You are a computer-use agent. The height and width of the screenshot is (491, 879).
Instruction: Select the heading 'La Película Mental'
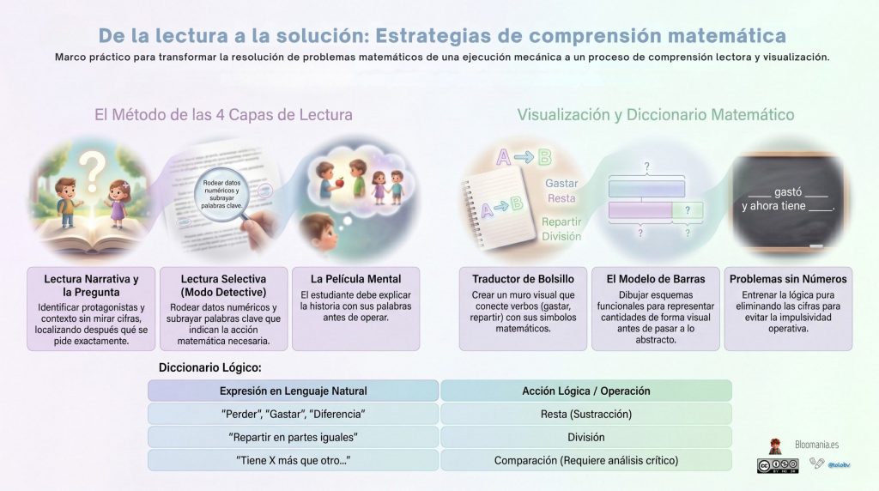coord(355,279)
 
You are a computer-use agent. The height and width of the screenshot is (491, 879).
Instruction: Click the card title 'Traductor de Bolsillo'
coord(523,279)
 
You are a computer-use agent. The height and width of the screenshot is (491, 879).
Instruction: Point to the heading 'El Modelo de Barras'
coord(656,279)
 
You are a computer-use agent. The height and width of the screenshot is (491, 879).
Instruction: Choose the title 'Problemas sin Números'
coord(788,279)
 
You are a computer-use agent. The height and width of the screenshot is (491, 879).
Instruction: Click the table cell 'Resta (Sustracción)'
coord(586,414)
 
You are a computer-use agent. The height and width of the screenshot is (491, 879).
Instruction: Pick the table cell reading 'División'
coord(586,437)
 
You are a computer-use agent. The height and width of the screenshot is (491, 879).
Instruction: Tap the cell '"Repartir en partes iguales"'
coord(294,437)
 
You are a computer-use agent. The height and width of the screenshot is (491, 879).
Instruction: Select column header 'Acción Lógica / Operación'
coord(586,391)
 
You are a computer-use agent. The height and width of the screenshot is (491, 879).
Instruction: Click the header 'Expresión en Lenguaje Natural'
coord(294,391)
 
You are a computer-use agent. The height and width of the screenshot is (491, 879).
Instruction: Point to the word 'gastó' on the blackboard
coord(788,193)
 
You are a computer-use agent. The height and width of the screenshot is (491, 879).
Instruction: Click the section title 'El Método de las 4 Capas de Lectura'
coord(223,114)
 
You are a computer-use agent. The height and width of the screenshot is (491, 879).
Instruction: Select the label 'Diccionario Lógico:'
coord(210,368)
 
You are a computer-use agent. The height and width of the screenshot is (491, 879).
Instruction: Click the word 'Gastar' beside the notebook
coord(561,183)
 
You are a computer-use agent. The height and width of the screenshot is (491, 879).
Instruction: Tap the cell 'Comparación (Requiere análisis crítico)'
coord(586,460)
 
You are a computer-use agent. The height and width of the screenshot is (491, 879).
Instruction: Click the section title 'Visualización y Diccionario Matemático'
coord(655,114)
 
